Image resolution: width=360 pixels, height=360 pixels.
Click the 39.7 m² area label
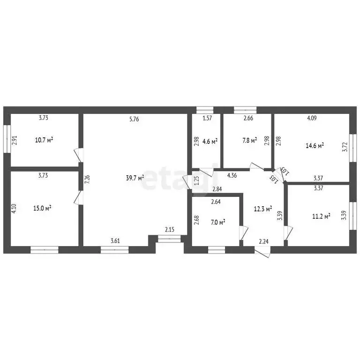(135, 178)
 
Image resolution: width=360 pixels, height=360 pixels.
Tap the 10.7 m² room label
(44, 140)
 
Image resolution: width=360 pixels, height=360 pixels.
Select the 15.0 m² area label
(42, 208)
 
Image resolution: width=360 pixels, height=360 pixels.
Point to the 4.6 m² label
(210, 142)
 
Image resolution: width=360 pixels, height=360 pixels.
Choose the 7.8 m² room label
(250, 140)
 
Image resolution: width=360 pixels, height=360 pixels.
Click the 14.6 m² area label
(315, 146)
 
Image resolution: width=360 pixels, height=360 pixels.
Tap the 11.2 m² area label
(321, 216)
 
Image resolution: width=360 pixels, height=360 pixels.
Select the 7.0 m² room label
(218, 222)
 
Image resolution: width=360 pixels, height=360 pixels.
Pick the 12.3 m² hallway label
(263, 209)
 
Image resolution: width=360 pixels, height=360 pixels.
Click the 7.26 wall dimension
(87, 180)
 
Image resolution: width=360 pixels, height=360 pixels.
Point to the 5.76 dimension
(134, 119)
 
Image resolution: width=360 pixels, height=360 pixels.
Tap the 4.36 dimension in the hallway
(232, 176)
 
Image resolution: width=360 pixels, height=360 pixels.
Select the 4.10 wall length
(14, 209)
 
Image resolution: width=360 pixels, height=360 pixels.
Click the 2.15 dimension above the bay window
(170, 229)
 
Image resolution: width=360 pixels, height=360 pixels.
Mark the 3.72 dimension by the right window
(345, 147)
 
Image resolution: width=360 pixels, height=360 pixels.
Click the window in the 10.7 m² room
(7, 139)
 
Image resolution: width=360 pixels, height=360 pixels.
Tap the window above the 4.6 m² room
(205, 110)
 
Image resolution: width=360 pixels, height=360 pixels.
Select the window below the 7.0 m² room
(217, 250)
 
